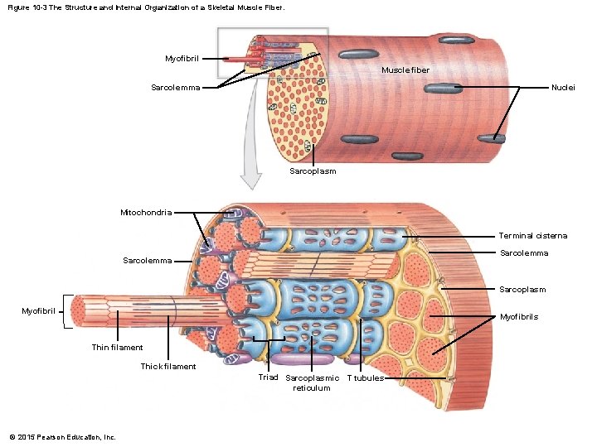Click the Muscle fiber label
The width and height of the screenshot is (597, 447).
pos(405,70)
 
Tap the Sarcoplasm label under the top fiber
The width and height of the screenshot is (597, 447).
pos(313,171)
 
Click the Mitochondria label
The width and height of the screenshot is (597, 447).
pos(146,213)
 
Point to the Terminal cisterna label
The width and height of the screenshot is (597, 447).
pos(533,236)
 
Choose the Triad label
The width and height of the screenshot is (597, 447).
pos(268,377)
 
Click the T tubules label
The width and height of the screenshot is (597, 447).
pos(365,377)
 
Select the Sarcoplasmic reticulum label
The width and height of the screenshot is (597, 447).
pos(312,382)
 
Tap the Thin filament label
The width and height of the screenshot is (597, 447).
pos(117,348)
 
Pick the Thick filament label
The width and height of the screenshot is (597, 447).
pos(168,366)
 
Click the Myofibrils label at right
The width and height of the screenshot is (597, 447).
pos(519,317)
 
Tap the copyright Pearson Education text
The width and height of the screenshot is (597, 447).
pos(62,436)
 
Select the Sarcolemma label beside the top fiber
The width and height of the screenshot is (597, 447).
pos(175,88)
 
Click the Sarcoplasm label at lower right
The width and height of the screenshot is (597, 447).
pos(522,290)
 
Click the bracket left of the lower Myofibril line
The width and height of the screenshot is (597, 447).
pos(66,311)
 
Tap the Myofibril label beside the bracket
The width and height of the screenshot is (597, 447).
pos(39,311)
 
